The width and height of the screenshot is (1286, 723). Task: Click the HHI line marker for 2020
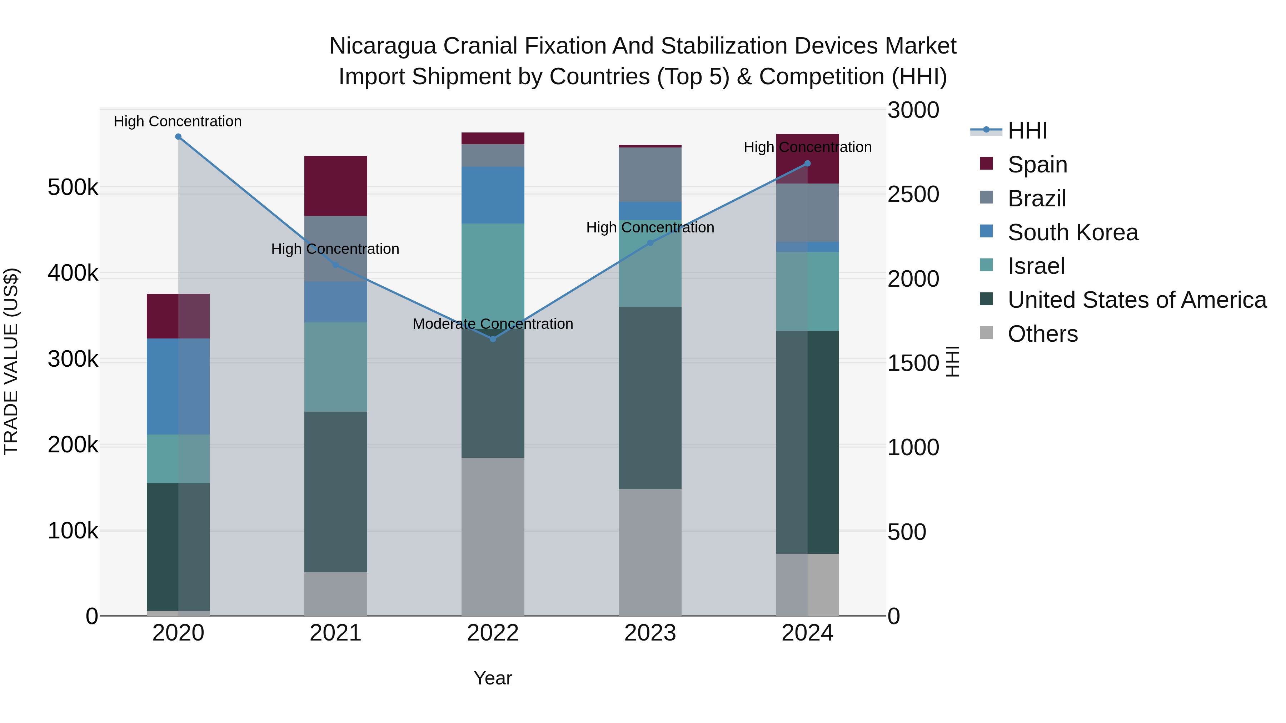coord(178,137)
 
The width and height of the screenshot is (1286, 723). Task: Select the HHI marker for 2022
coord(493,339)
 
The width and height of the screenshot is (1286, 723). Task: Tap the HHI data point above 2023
coord(650,243)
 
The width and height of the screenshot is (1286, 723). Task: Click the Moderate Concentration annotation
coord(493,324)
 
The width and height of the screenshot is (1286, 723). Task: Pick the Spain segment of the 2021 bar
coord(335,186)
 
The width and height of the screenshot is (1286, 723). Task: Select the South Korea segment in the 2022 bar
coord(493,195)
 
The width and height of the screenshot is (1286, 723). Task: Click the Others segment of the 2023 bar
coord(650,552)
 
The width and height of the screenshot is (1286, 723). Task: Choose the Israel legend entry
coord(1036,266)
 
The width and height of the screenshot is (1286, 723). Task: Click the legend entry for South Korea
coord(1072,232)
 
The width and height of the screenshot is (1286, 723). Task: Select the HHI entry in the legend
coord(1027,131)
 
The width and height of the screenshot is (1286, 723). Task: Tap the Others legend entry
coord(1042,334)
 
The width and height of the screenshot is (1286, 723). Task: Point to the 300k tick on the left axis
coord(73,359)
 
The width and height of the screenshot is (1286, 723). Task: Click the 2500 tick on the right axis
coord(913,195)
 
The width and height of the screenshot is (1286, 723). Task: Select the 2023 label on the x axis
coord(650,633)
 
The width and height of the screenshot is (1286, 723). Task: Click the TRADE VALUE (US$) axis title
coord(11,361)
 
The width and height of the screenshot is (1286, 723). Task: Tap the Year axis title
coord(493,678)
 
